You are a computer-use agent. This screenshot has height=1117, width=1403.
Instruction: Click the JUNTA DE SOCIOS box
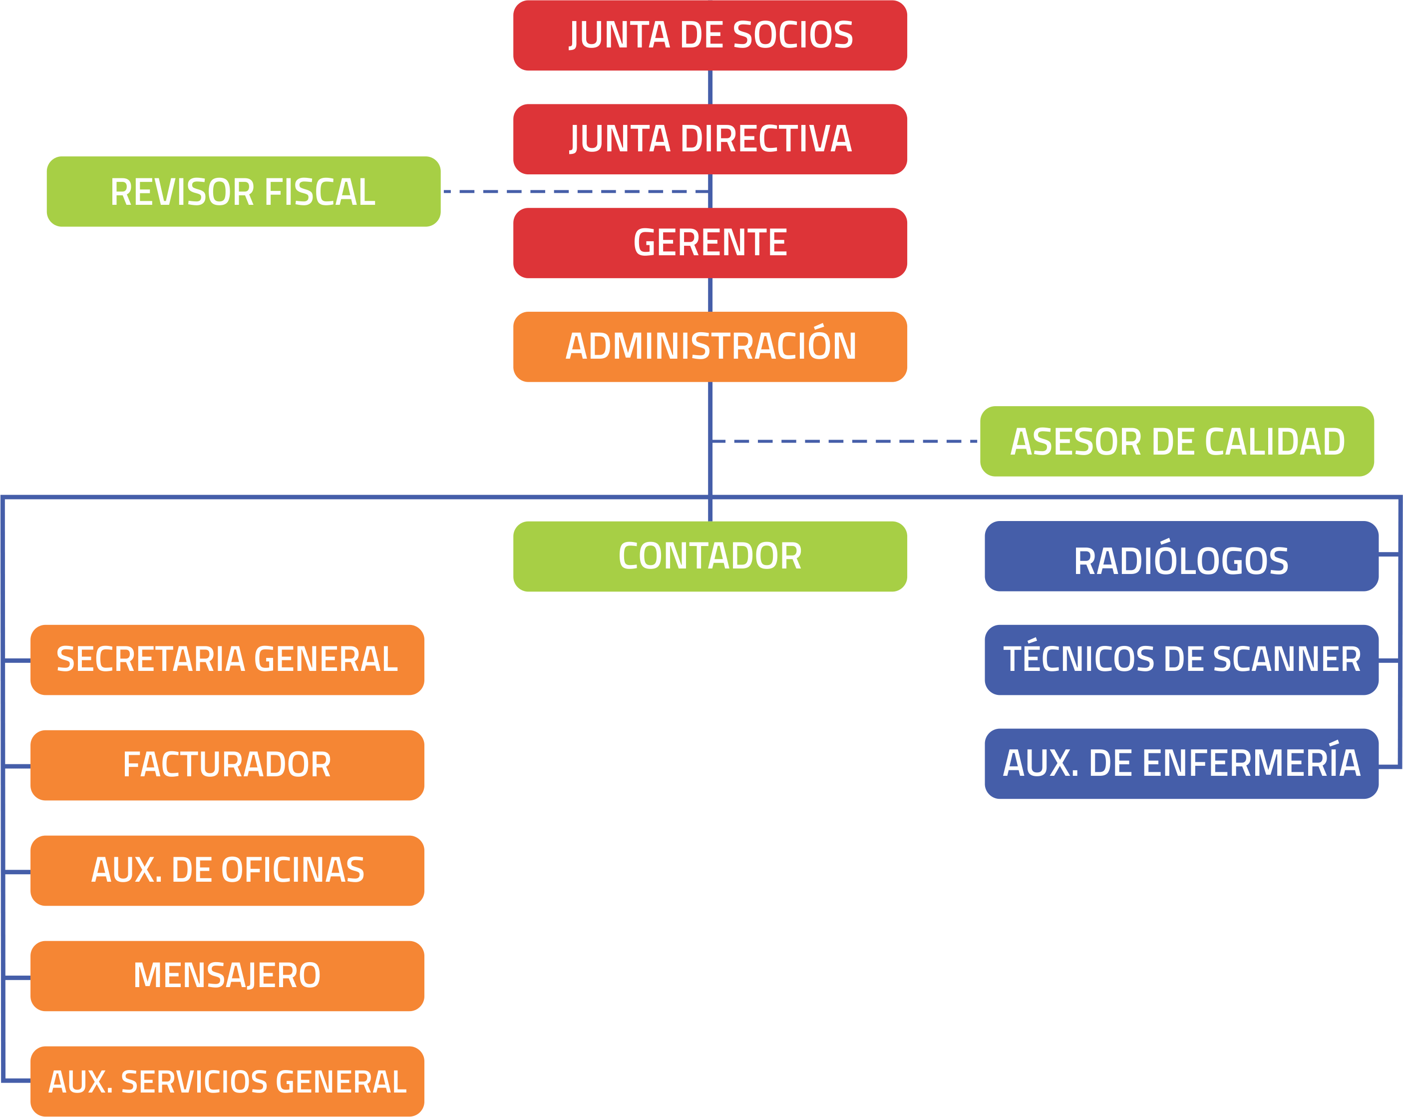tap(710, 35)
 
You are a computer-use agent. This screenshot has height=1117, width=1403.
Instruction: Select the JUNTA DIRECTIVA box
tap(710, 139)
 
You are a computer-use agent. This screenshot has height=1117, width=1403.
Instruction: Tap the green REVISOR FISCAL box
tap(243, 191)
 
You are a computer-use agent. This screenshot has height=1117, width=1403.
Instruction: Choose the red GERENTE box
tap(710, 243)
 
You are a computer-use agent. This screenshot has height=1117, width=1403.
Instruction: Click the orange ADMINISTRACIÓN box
tap(710, 346)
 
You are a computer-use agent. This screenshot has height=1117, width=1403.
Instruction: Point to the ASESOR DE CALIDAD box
tap(1176, 441)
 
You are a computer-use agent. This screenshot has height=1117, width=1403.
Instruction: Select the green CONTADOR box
tap(710, 556)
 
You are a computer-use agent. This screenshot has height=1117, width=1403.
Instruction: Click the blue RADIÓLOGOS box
tap(1181, 556)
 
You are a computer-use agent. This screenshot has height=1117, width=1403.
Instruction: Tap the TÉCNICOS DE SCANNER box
tap(1181, 659)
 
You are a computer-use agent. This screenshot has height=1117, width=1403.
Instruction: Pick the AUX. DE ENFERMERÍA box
tap(1181, 763)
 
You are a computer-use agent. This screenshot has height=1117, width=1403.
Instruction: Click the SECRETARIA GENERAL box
tap(227, 659)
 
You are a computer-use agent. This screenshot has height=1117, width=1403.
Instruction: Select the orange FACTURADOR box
tap(227, 765)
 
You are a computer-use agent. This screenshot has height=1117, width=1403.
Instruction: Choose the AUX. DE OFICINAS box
tap(227, 870)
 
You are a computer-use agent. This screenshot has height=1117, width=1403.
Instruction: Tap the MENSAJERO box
tap(227, 976)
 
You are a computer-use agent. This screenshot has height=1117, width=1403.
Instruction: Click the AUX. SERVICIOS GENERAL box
tap(227, 1081)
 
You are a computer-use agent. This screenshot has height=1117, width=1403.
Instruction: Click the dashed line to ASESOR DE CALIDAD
tap(846, 441)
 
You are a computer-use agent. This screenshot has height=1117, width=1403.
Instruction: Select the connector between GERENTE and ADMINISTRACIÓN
tap(710, 295)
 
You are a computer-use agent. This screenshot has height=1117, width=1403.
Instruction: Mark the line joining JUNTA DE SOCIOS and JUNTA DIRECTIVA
tap(710, 87)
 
